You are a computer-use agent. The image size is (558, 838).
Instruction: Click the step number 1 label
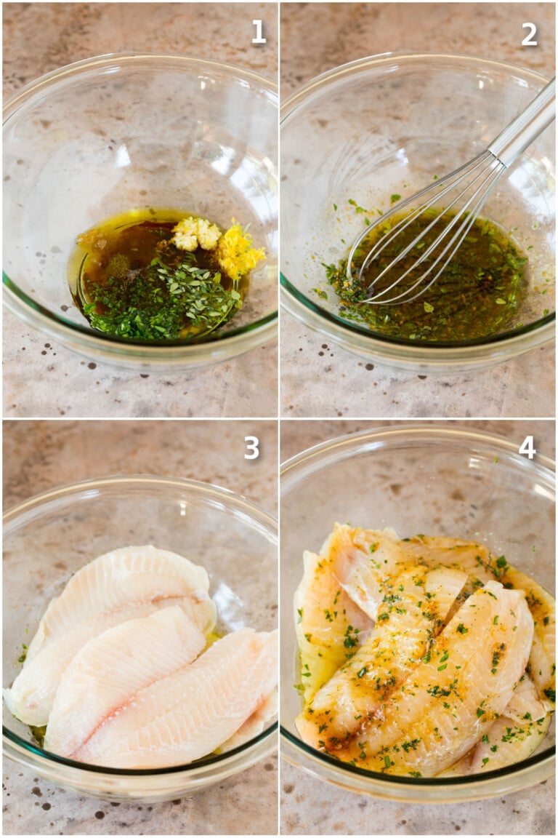click(x=259, y=32)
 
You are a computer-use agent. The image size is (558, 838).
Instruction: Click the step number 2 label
click(x=530, y=33)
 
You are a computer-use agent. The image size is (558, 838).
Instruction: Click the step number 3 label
click(x=251, y=447)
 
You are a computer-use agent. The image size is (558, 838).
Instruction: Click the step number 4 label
click(x=527, y=447)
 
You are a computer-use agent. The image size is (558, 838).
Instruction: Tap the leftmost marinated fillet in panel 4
click(x=320, y=626)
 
